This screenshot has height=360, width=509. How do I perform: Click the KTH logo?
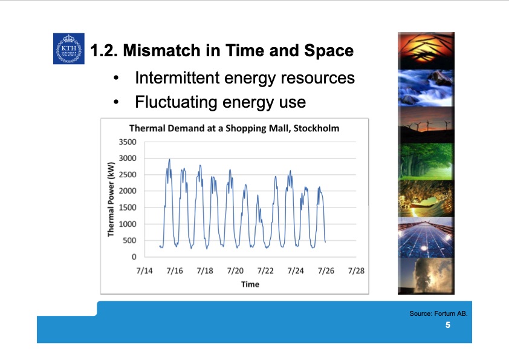click(68, 49)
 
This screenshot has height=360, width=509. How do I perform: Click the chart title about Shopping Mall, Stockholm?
click(234, 128)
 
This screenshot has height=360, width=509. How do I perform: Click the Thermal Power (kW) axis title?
click(111, 199)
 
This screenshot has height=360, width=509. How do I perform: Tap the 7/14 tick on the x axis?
click(144, 271)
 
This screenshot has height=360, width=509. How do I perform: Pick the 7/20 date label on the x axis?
click(235, 271)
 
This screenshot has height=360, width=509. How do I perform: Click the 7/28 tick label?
click(356, 271)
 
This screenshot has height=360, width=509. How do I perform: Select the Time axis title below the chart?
click(250, 284)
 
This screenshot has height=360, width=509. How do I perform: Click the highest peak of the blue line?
click(169, 160)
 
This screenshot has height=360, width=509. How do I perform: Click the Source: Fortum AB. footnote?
click(438, 313)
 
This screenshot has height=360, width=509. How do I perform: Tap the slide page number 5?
click(448, 326)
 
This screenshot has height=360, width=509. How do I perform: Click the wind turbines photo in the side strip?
click(426, 125)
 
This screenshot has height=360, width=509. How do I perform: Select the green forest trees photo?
click(426, 162)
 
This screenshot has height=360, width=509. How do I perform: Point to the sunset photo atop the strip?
click(426, 50)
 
